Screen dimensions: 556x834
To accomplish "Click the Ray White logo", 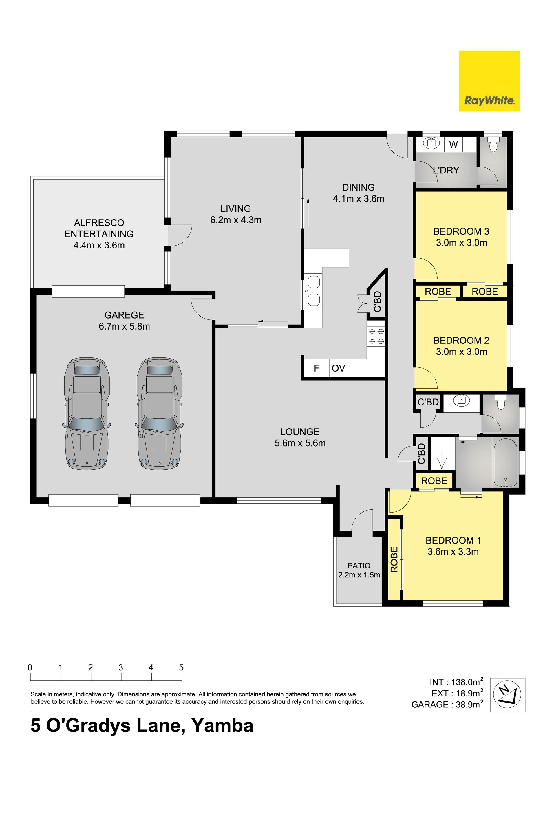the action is (x=489, y=81).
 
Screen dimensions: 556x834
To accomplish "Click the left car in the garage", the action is (x=87, y=414).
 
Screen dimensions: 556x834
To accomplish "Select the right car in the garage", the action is (x=160, y=414).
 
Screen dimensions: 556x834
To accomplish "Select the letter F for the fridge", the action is (x=317, y=368).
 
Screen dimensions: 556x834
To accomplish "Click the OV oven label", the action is (x=338, y=368).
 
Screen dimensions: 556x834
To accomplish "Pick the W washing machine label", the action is (x=453, y=145).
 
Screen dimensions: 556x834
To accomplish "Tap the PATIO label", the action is (x=359, y=566).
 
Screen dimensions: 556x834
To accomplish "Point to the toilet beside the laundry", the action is (x=493, y=145).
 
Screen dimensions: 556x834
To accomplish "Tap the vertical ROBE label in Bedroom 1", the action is (x=394, y=559).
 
